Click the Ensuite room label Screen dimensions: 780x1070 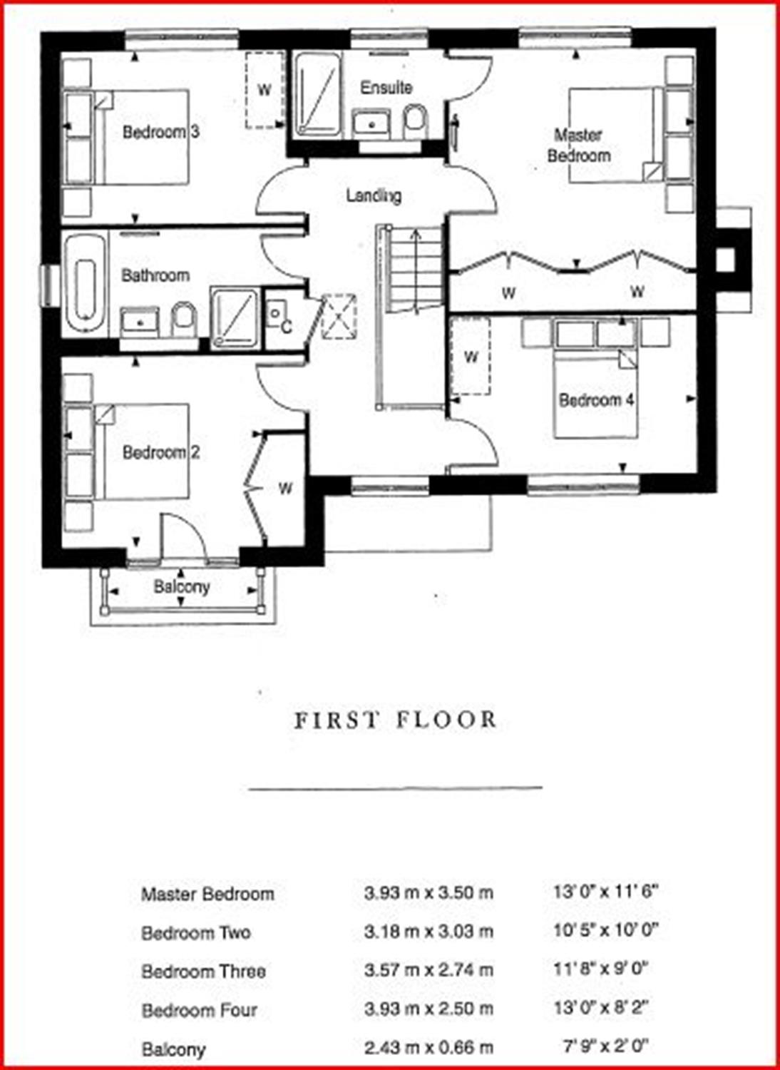point(386,88)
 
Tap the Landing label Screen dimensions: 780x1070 point(374,196)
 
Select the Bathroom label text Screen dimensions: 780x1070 point(155,275)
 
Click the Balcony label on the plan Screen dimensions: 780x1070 point(181,586)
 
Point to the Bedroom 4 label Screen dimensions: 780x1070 point(597,400)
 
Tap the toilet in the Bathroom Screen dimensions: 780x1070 point(184,320)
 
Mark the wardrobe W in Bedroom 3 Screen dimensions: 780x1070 point(264,89)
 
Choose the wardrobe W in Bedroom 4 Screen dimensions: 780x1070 point(471,357)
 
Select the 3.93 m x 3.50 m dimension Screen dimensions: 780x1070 point(429,893)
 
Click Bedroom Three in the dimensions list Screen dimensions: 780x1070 point(203,971)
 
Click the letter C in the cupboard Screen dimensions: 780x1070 point(286,327)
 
